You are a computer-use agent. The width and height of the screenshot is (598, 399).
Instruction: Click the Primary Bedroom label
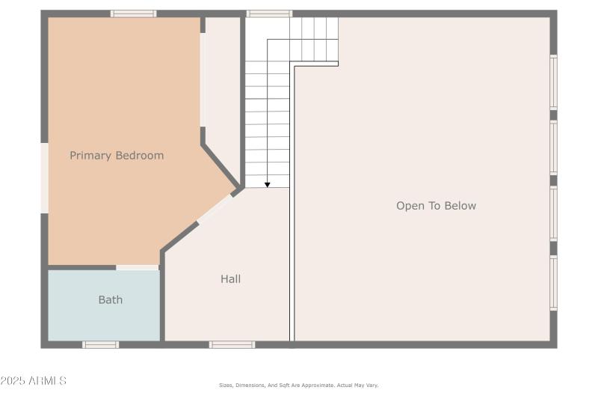click(117, 156)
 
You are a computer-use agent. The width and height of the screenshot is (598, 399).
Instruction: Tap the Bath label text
click(110, 299)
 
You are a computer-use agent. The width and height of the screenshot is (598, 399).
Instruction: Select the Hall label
click(230, 278)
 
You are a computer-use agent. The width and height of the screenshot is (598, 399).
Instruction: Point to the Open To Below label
click(436, 206)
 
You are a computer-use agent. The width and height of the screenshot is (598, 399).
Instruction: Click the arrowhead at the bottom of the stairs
click(267, 184)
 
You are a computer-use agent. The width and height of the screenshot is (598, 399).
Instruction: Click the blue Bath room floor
click(82, 318)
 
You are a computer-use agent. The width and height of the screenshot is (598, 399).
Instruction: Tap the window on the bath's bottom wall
click(100, 344)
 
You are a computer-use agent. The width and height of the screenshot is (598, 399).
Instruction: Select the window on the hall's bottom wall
click(232, 344)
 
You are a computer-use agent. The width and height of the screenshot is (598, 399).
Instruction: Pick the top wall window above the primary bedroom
click(133, 13)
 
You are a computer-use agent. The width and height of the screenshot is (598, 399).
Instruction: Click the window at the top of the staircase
click(269, 13)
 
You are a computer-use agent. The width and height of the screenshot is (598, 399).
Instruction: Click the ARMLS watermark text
click(47, 381)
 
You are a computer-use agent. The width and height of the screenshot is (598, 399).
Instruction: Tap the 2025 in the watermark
click(13, 381)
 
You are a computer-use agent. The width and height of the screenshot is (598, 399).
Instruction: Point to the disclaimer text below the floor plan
click(298, 385)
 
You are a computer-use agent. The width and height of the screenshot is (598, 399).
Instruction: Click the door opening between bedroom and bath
click(137, 267)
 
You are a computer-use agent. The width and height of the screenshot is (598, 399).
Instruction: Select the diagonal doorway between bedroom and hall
click(215, 207)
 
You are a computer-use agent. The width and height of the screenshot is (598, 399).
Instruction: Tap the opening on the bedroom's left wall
click(44, 177)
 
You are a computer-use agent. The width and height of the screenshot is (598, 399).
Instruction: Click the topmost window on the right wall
click(554, 82)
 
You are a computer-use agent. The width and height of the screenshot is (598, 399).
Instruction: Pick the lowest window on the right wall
click(554, 283)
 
